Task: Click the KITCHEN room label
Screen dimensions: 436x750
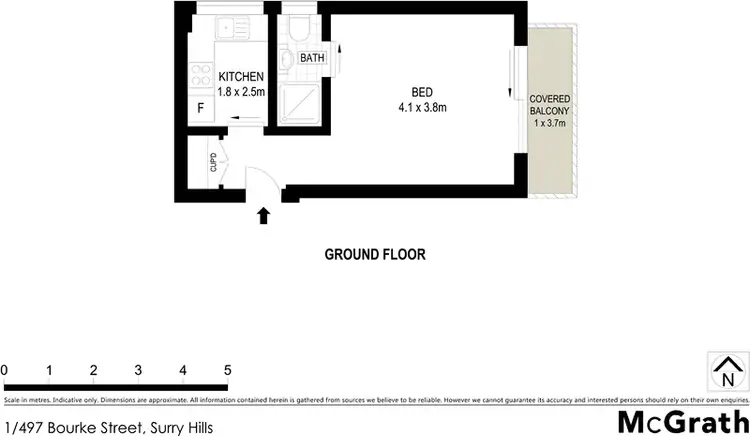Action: coord(240,76)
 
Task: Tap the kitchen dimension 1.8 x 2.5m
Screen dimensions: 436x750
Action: coord(240,91)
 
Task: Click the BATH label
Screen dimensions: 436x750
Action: coord(313,59)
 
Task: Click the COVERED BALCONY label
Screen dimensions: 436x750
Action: coord(549,104)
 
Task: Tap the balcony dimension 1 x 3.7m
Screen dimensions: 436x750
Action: coord(549,124)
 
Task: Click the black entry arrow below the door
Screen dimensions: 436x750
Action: coord(264,214)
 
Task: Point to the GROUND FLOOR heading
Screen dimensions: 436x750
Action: coord(375,254)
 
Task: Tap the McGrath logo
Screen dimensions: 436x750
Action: coord(683,420)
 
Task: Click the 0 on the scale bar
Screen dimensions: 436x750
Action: coord(5,370)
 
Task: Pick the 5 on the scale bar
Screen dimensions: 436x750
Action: coord(228,370)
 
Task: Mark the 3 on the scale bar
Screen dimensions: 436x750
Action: coord(138,370)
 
